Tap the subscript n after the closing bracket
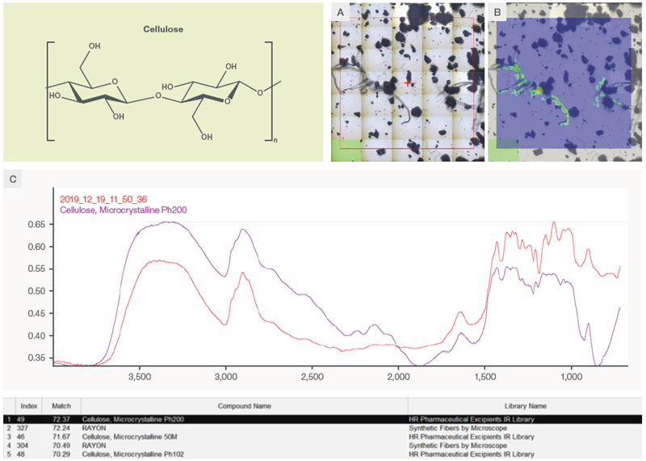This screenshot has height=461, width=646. (x=277, y=140)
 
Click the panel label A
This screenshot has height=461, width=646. (x=340, y=11)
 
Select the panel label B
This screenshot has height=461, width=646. (x=497, y=11)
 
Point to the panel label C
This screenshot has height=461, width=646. (x=12, y=180)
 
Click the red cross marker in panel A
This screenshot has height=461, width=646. (x=409, y=82)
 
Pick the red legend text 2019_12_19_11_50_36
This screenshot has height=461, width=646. (x=103, y=198)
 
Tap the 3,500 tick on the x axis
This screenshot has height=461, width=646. (x=140, y=376)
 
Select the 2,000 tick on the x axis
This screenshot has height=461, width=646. (x=399, y=376)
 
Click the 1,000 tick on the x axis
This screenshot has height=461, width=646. (x=571, y=376)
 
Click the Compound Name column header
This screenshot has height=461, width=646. (x=244, y=405)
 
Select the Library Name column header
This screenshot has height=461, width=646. (x=527, y=405)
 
